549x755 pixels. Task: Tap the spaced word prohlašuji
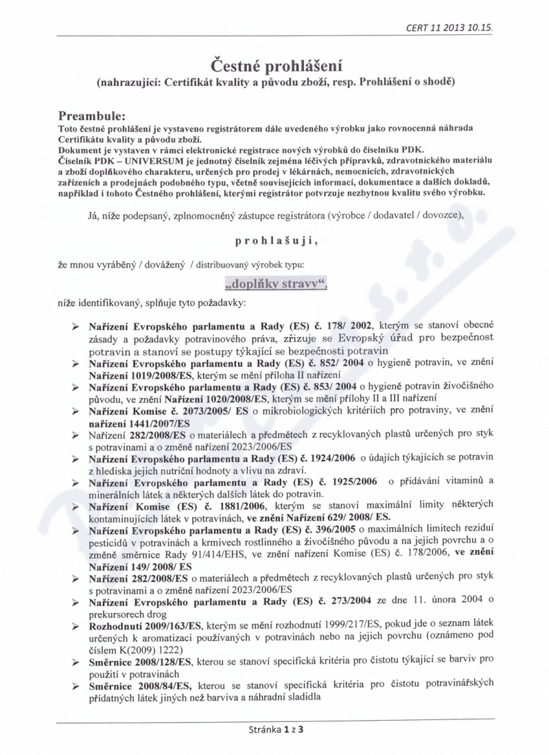275,242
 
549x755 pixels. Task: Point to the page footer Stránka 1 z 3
275,730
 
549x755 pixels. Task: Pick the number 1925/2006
347,482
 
